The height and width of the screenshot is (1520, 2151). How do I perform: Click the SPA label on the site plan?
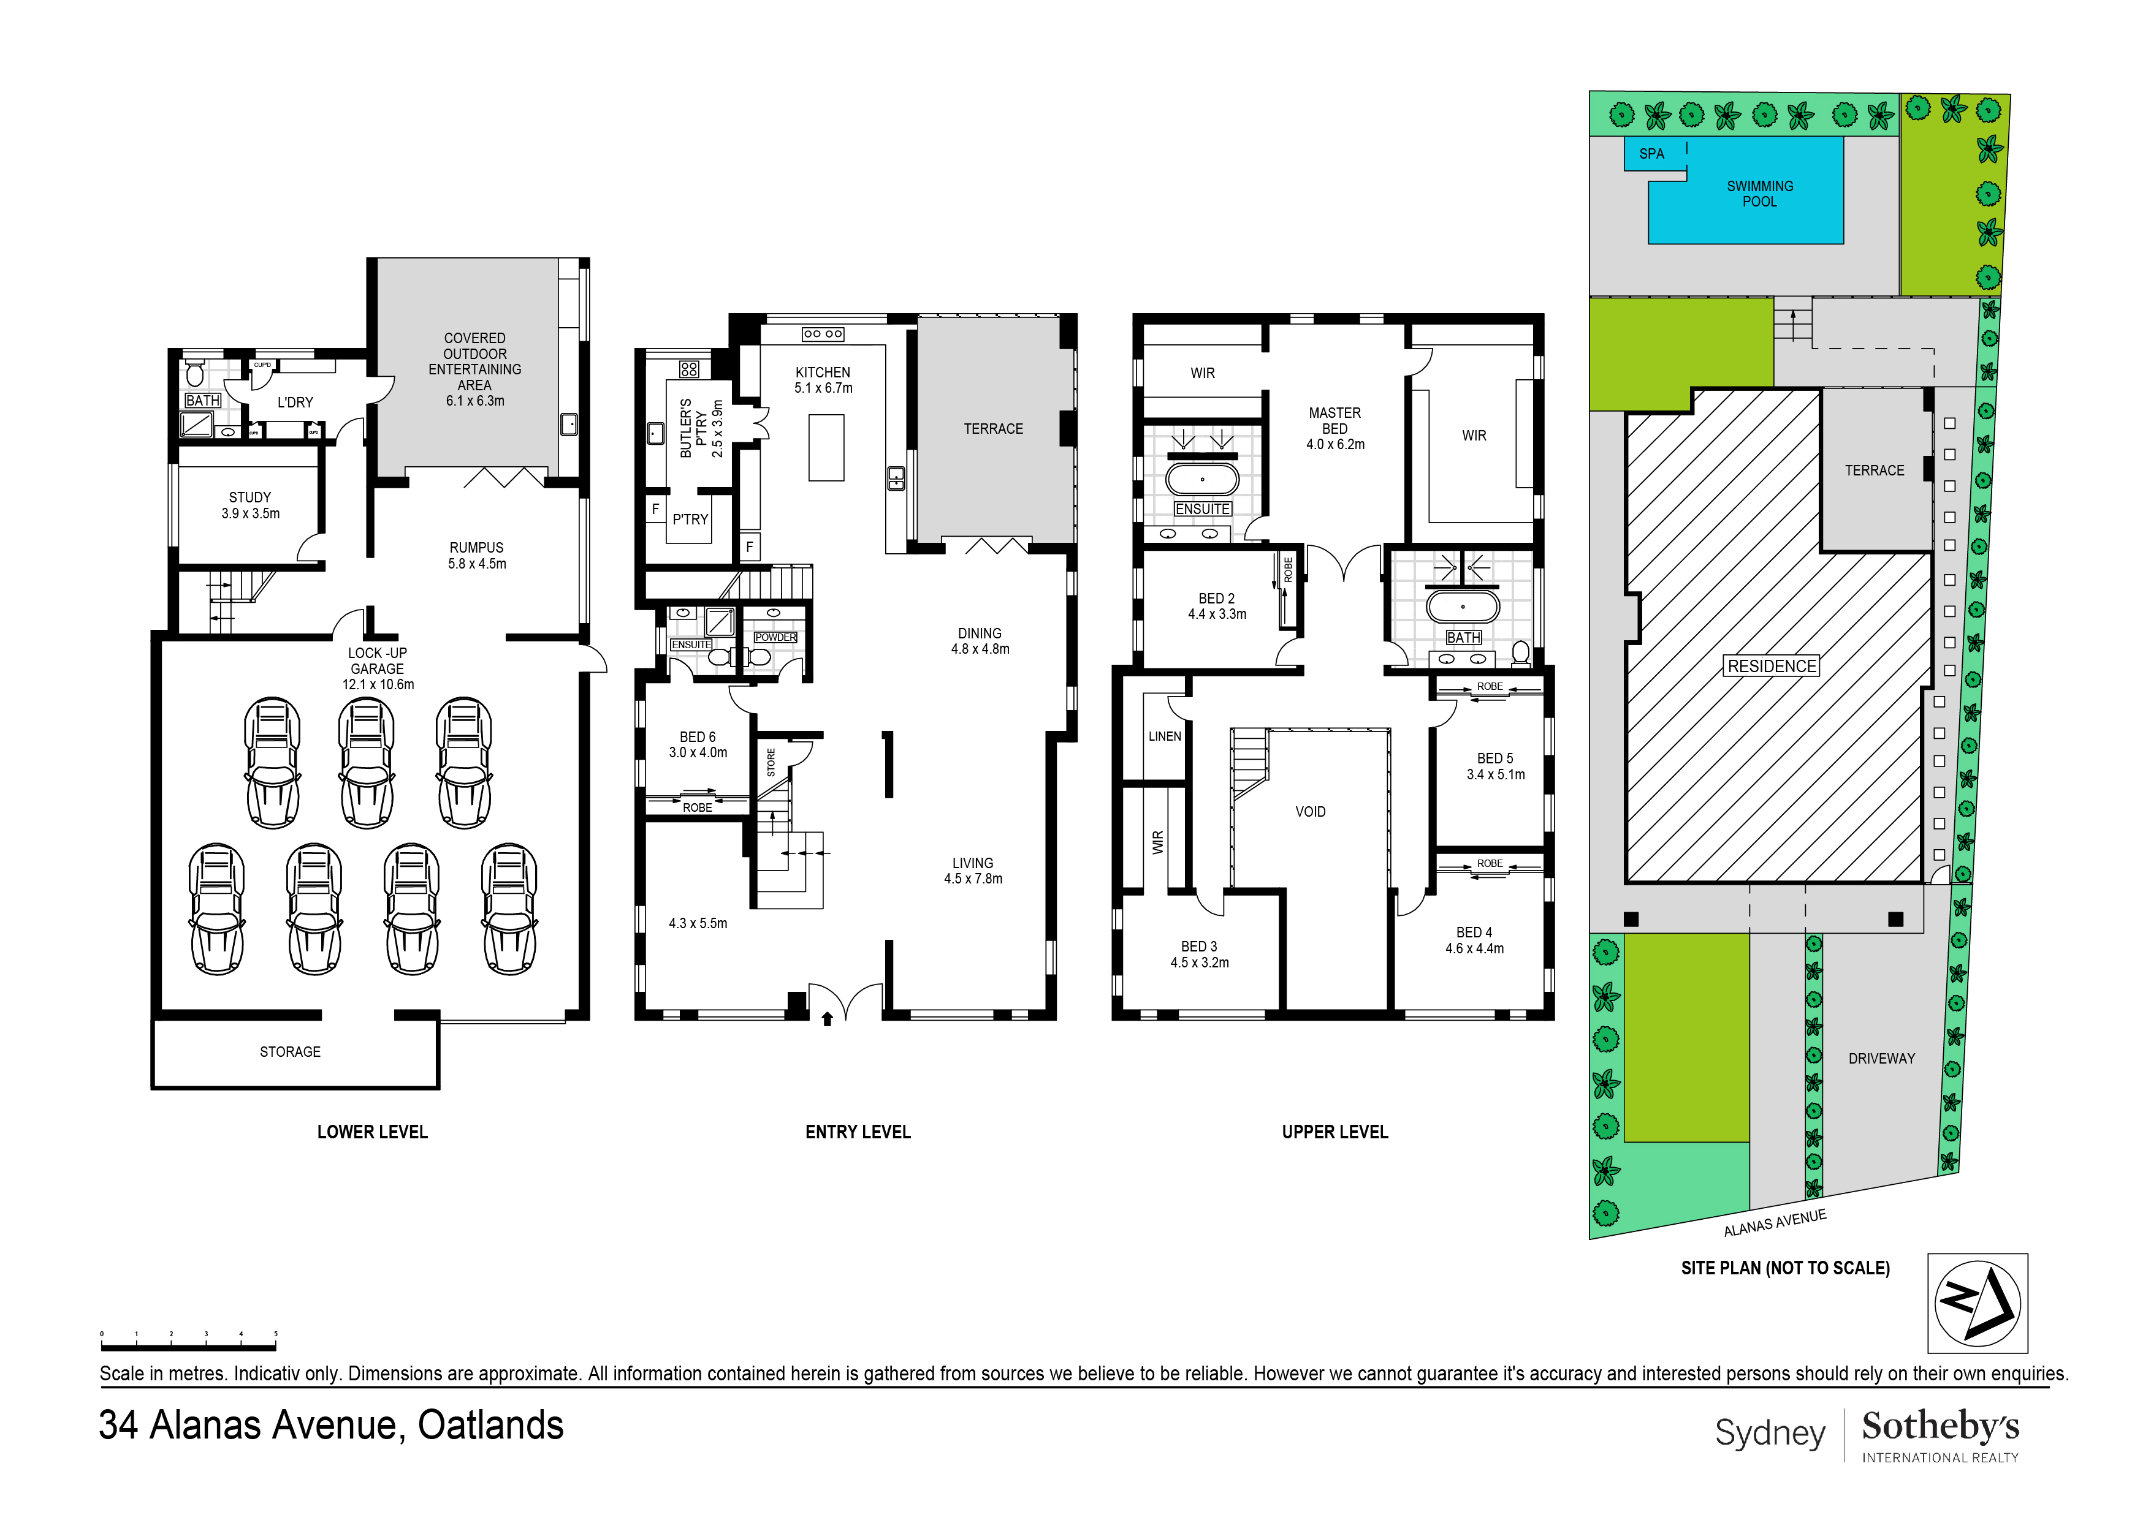(x=1651, y=154)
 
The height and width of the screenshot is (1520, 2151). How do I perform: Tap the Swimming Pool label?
(x=1759, y=194)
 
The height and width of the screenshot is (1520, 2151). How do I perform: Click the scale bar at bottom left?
(x=188, y=1347)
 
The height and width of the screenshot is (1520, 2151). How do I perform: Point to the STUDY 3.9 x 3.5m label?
(x=250, y=505)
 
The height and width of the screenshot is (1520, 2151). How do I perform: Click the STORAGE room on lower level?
(x=291, y=1052)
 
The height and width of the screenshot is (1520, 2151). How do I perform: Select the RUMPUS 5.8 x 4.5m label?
(x=477, y=555)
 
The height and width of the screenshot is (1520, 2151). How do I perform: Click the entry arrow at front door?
(x=827, y=1019)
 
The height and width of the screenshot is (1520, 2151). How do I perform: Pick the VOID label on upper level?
(x=1310, y=812)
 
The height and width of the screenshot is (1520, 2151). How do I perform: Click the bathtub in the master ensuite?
(x=1202, y=480)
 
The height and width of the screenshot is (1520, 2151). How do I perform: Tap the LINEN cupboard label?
(x=1165, y=736)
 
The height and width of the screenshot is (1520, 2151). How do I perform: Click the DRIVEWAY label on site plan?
(x=1881, y=1058)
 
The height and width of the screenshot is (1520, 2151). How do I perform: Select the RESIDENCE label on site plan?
(x=1772, y=666)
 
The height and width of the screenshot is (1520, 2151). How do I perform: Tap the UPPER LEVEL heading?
(x=1334, y=1132)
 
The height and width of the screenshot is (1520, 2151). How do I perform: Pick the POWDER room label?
(x=775, y=637)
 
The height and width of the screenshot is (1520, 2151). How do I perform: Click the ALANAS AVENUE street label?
(x=1775, y=1222)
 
